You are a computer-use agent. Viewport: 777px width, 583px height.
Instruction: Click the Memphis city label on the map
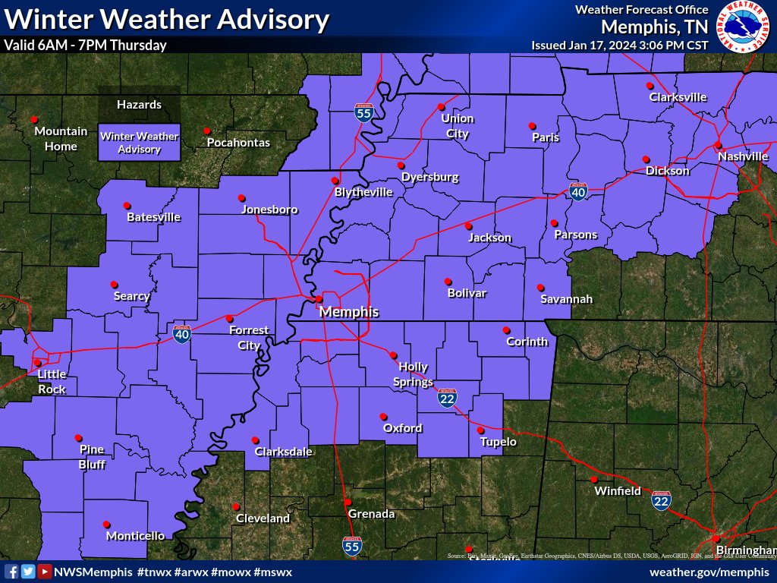[x=348, y=312]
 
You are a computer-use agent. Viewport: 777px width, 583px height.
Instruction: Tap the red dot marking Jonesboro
[x=242, y=197]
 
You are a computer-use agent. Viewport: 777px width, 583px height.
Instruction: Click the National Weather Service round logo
[x=744, y=26]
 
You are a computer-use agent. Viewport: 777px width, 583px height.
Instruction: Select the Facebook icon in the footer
[x=11, y=572]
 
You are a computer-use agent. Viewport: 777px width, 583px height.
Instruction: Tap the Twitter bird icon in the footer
[x=28, y=572]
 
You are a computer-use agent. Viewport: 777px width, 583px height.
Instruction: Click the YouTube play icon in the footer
[x=45, y=572]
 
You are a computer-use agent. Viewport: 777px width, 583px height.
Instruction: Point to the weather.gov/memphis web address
[x=710, y=572]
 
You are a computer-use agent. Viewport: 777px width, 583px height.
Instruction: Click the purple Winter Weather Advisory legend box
[x=140, y=143]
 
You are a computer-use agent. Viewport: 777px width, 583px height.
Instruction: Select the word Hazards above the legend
[x=139, y=105]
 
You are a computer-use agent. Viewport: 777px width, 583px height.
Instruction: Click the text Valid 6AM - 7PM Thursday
[x=85, y=45]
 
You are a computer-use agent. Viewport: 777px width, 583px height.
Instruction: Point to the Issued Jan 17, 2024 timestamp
[x=619, y=45]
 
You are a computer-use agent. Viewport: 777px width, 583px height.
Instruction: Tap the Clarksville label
[x=678, y=97]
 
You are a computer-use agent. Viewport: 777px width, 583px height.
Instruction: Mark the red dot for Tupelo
[x=481, y=430]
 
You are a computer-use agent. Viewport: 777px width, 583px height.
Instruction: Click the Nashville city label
[x=744, y=156]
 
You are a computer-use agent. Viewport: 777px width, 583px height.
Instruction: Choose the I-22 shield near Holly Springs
[x=447, y=399]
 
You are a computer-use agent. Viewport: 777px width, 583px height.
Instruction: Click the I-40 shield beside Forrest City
[x=181, y=334]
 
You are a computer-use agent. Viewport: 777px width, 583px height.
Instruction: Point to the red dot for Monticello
[x=106, y=524]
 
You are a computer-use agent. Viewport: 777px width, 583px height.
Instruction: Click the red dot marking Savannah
[x=540, y=288]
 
